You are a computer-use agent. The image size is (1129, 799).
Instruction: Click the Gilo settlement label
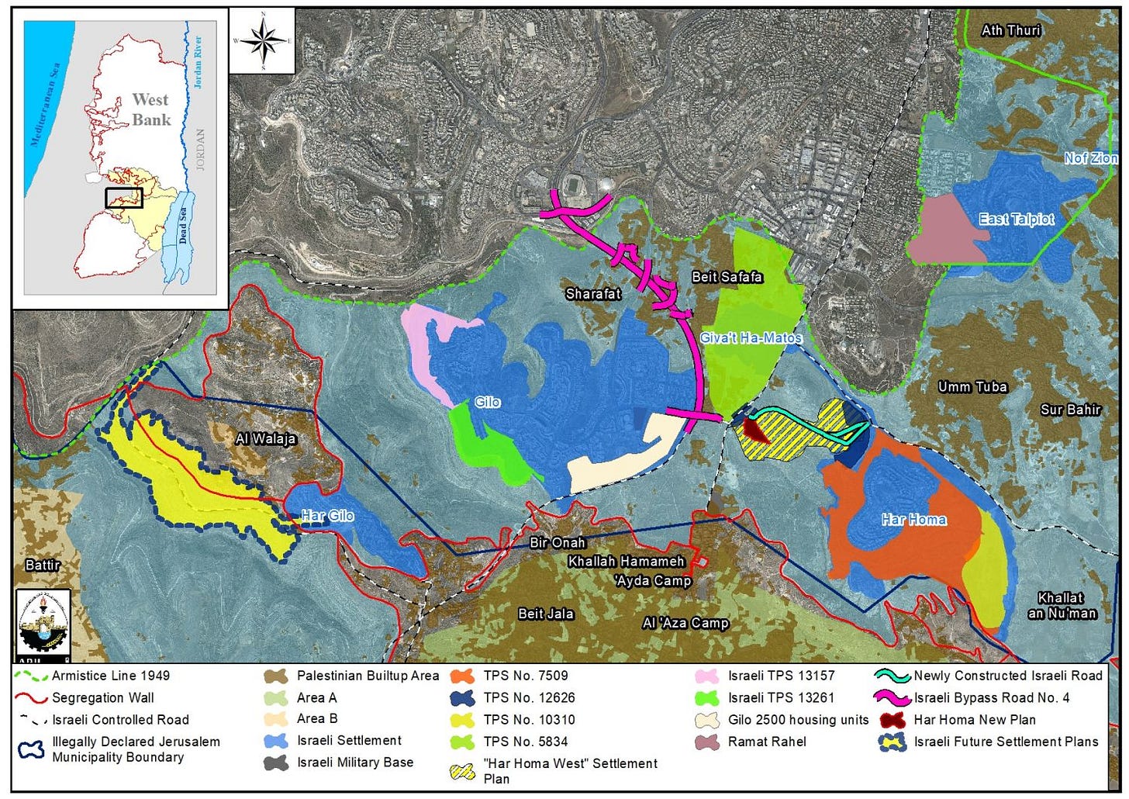(488, 402)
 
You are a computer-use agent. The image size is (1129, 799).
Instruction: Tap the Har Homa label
(913, 520)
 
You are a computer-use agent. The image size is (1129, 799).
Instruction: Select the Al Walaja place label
(266, 438)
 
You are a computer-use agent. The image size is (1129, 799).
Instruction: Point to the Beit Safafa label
(727, 277)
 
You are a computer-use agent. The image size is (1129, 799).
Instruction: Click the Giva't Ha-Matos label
(751, 338)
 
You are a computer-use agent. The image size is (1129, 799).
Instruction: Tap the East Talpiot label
(1016, 220)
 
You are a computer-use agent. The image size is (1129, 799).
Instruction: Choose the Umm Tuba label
(972, 387)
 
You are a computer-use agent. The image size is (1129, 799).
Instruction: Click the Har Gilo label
(327, 515)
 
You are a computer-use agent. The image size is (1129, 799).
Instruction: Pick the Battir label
(43, 565)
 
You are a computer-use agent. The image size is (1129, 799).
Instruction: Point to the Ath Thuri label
(1011, 30)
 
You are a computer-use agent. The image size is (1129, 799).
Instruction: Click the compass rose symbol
(264, 40)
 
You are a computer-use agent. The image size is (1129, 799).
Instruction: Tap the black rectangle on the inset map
(124, 198)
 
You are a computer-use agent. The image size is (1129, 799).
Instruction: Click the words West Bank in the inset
(150, 109)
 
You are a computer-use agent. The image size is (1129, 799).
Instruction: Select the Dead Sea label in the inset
(184, 225)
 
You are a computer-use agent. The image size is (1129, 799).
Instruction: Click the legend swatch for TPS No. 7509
(462, 676)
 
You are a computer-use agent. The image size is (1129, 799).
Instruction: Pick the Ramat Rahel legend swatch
(707, 742)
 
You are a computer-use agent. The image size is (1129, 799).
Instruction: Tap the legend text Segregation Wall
(102, 697)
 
